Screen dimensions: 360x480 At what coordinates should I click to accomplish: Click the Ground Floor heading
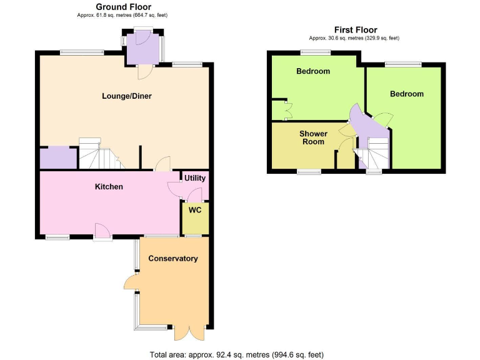123,7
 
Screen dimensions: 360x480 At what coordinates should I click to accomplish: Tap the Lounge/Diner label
127,96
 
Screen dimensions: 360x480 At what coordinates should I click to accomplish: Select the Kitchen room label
109,187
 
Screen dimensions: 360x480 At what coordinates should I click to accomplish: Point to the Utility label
194,178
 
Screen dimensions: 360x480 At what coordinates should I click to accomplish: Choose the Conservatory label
172,259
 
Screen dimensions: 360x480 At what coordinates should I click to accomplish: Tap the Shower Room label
312,137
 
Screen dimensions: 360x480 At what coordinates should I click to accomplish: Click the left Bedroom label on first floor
312,71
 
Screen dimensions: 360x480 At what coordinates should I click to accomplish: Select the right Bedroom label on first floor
406,94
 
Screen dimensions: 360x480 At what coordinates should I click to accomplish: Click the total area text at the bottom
237,354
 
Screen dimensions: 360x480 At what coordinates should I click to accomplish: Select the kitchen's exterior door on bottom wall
102,232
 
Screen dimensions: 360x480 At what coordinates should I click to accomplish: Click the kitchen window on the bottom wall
57,237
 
